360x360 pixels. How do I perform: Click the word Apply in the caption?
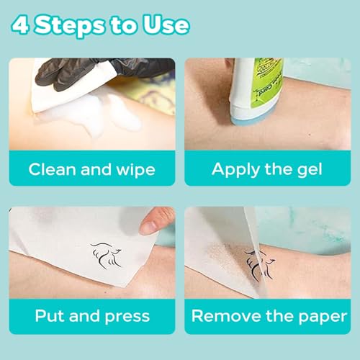tap(234, 170)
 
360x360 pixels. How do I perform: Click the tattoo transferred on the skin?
tap(261, 264)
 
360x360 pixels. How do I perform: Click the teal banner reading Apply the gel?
tap(267, 170)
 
